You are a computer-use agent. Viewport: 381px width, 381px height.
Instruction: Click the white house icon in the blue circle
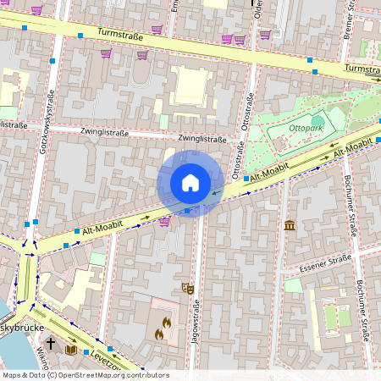(x=190, y=183)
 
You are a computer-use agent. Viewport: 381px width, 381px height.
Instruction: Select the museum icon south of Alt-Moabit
(x=290, y=225)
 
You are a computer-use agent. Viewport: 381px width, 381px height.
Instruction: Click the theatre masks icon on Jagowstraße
(x=188, y=288)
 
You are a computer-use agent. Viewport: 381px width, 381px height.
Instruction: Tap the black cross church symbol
(x=51, y=344)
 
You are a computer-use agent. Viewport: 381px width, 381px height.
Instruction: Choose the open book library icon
(x=72, y=349)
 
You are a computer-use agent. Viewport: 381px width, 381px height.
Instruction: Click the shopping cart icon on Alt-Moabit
(x=164, y=221)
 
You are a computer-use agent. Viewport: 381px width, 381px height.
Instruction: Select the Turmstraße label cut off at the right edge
(x=362, y=69)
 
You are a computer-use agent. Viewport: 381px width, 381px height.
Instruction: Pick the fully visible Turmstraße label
(x=119, y=36)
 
